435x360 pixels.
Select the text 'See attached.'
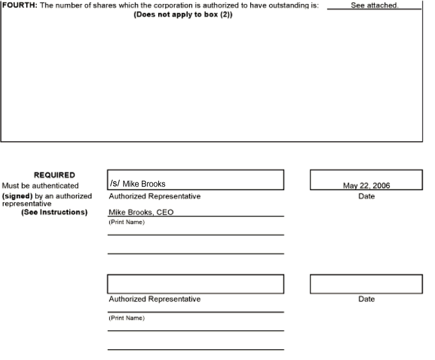coord(374,5)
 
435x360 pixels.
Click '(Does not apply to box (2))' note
coord(183,14)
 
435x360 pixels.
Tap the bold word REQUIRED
coord(54,175)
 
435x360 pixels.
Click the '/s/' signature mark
coord(115,183)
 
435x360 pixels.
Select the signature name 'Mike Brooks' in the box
coord(144,184)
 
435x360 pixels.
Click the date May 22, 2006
coord(366,186)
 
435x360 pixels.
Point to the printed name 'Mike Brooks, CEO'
coord(141,212)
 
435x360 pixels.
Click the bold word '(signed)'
coord(17,196)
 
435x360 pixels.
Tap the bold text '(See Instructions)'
coord(54,213)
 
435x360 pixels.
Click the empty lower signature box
coord(195,284)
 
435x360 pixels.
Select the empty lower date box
coord(366,284)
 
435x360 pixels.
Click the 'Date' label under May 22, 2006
coord(366,197)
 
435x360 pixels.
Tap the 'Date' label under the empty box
coord(366,299)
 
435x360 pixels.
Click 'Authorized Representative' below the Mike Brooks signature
coord(154,197)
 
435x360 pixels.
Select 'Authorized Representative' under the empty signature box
coord(154,299)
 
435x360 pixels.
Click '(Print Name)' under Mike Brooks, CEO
coord(126,222)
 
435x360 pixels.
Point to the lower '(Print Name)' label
coord(126,318)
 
